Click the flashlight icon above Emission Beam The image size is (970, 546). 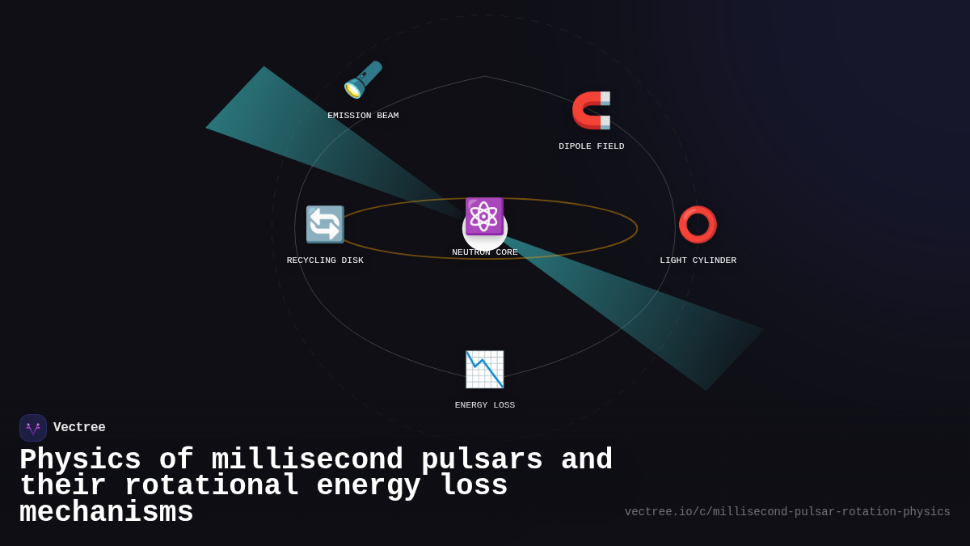363,79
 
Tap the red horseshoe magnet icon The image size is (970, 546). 591,110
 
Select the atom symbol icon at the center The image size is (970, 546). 484,216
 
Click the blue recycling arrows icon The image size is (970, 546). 325,224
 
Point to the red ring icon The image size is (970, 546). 698,224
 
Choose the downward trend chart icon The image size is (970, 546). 484,369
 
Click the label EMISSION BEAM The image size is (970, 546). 363,116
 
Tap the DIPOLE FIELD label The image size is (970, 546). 591,146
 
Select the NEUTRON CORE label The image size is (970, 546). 484,252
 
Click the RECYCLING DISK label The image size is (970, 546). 325,260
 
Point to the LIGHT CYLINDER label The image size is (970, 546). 698,260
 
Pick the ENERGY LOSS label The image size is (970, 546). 484,405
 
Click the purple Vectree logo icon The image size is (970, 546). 33,428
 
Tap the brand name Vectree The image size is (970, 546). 79,428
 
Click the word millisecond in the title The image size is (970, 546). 307,460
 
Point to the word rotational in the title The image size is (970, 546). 211,486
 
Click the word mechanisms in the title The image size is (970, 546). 107,513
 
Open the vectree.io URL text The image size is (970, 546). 787,512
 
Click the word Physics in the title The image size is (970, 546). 80,460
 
